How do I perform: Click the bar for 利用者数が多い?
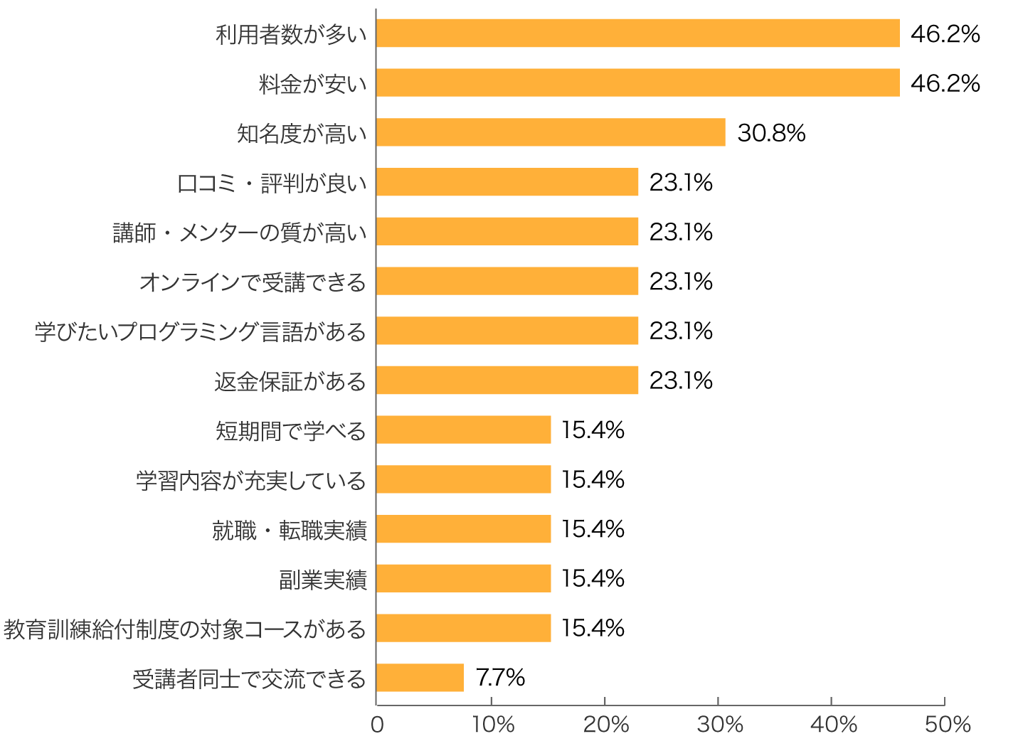pos(637,33)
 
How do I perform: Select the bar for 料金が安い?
pos(637,83)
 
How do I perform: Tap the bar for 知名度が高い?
pos(551,132)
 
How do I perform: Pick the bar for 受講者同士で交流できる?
pos(420,678)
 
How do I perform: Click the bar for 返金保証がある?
pos(507,380)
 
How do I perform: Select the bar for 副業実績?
pos(463,579)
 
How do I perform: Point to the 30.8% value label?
pos(771,133)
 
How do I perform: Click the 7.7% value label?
pos(500,678)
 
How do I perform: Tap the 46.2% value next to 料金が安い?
pos(945,83)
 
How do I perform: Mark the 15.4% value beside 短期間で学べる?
pos(593,430)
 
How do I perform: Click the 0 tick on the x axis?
pos(377,725)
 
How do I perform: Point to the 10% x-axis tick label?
pos(492,725)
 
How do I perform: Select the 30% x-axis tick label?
pos(719,725)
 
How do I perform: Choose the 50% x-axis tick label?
pos(947,725)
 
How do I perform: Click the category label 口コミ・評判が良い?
pos(272,183)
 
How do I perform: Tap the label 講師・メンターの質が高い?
pos(240,233)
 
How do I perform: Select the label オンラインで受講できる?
pos(253,282)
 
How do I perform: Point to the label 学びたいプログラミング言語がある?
pos(201,332)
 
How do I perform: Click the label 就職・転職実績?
pos(289,531)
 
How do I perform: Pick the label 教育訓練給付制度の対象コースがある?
pos(185,629)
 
